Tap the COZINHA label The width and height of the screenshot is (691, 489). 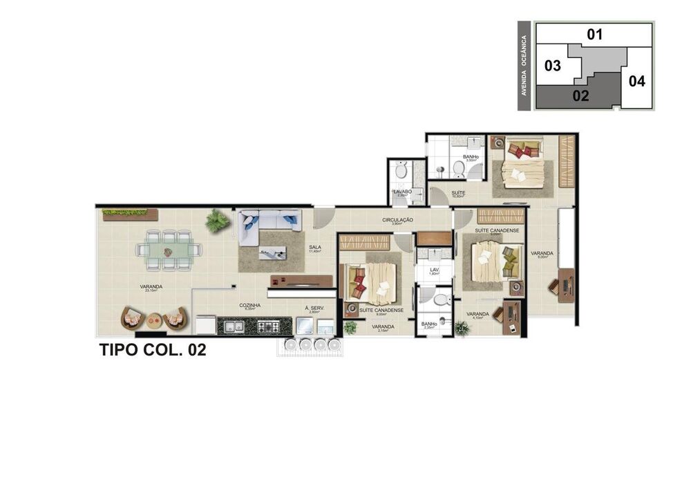(x=249, y=304)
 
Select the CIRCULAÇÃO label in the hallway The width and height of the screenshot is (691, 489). (x=397, y=220)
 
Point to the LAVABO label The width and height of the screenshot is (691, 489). (x=402, y=192)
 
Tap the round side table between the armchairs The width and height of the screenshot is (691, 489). (x=154, y=320)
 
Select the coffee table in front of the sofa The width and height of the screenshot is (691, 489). (x=272, y=252)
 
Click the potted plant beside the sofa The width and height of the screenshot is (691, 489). (x=217, y=221)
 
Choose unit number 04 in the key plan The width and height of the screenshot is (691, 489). (x=636, y=82)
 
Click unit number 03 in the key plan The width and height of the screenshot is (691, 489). (x=552, y=66)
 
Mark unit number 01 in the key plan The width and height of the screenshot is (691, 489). (x=595, y=34)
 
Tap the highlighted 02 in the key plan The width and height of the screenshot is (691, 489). (x=580, y=96)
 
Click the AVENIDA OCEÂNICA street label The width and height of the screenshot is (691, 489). (x=525, y=66)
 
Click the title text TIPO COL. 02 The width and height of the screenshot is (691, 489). (x=153, y=350)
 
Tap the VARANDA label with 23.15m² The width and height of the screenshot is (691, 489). (x=151, y=288)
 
